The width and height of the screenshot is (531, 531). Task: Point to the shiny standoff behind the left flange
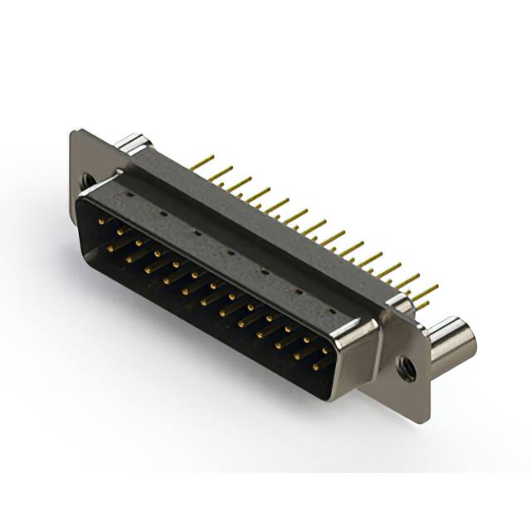[x=130, y=143]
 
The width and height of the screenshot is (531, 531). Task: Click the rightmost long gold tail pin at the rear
[x=426, y=290]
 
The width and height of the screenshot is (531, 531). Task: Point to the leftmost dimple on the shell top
[x=129, y=193]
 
